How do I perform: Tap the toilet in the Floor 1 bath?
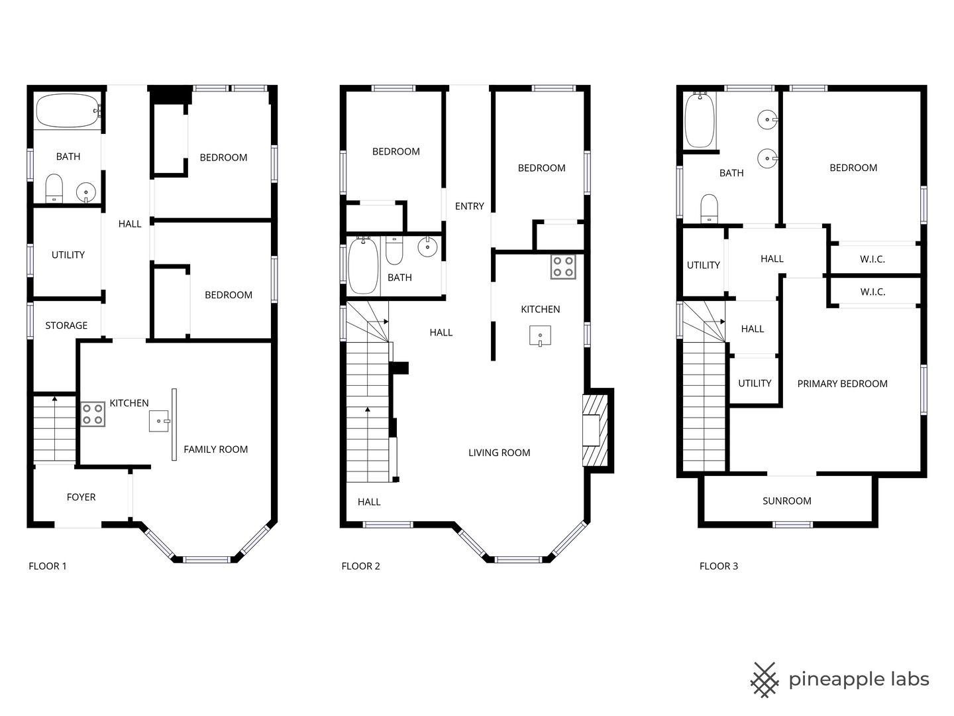(x=54, y=188)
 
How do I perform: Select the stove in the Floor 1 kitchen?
(x=92, y=414)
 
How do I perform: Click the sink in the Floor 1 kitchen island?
(x=160, y=421)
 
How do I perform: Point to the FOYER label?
(x=81, y=497)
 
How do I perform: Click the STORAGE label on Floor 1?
(x=66, y=326)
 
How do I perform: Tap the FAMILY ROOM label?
(x=215, y=449)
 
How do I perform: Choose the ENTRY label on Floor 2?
(x=469, y=206)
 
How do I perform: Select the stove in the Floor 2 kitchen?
(x=563, y=267)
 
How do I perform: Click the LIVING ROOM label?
(x=499, y=453)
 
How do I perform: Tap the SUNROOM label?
(x=786, y=501)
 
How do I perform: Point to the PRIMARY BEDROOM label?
(x=842, y=384)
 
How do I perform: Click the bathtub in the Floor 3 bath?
(x=700, y=120)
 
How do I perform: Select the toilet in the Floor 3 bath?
(x=709, y=208)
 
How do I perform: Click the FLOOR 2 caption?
(x=360, y=566)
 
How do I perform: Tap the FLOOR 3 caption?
(x=718, y=566)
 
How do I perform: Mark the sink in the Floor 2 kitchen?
(x=540, y=335)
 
